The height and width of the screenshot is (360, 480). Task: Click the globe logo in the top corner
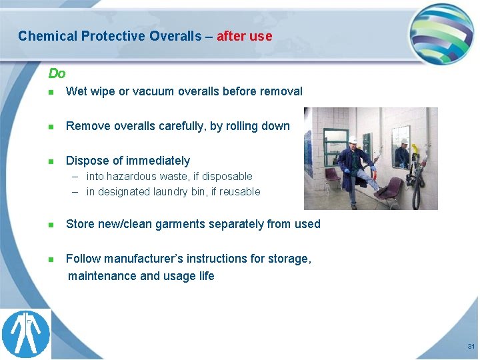[x=441, y=33]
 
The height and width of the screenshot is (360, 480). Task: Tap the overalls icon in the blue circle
[x=26, y=334]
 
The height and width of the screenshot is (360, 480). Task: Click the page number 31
[x=471, y=347]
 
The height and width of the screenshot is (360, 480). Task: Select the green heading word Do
[x=57, y=73]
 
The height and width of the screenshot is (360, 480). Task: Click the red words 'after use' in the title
[x=244, y=36]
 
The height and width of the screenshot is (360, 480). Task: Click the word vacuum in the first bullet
[x=150, y=91]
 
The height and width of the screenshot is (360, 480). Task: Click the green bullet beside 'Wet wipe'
[x=51, y=92]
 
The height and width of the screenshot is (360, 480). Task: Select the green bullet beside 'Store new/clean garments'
[x=51, y=225]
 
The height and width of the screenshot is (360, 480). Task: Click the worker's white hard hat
[x=353, y=140]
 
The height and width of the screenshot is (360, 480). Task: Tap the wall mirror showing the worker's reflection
[x=401, y=147]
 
